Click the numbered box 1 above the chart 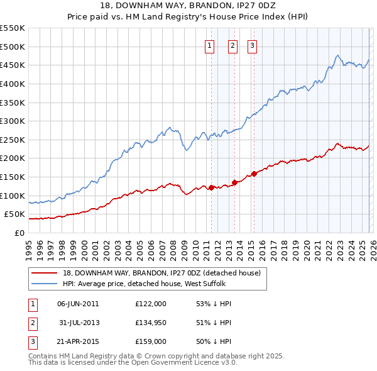click(x=209, y=45)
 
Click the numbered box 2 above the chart click(x=232, y=45)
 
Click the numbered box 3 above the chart click(x=252, y=45)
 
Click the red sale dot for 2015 click(x=254, y=174)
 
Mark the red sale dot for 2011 click(x=211, y=187)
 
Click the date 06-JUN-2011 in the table click(x=78, y=304)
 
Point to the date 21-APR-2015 click(x=78, y=341)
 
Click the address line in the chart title click(x=188, y=7)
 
